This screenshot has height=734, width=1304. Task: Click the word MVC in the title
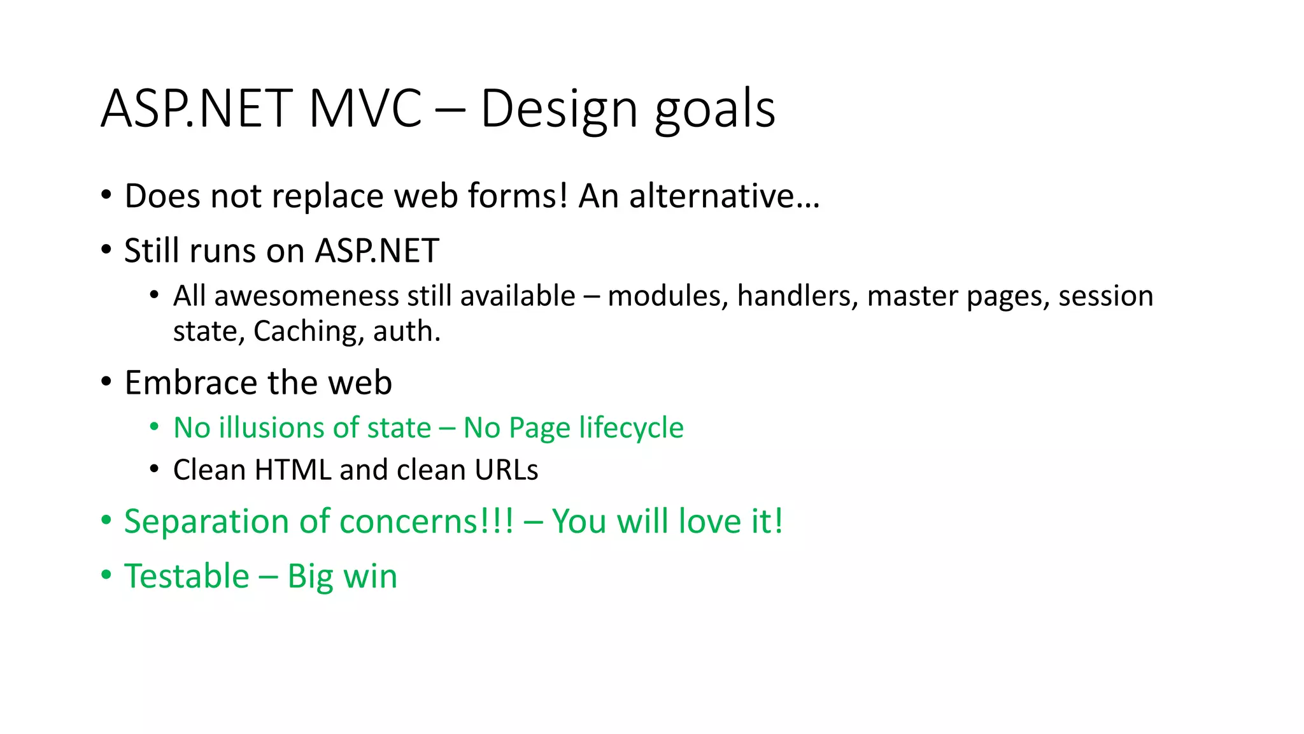coord(365,108)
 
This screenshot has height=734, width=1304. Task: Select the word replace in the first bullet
coord(327,196)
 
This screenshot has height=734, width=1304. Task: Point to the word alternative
coord(723,196)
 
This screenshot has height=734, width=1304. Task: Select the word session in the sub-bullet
coord(1105,296)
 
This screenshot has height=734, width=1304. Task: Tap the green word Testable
coord(187,577)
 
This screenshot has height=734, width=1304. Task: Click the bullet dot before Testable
coord(106,575)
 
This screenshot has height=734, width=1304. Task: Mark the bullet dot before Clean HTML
coord(154,470)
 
